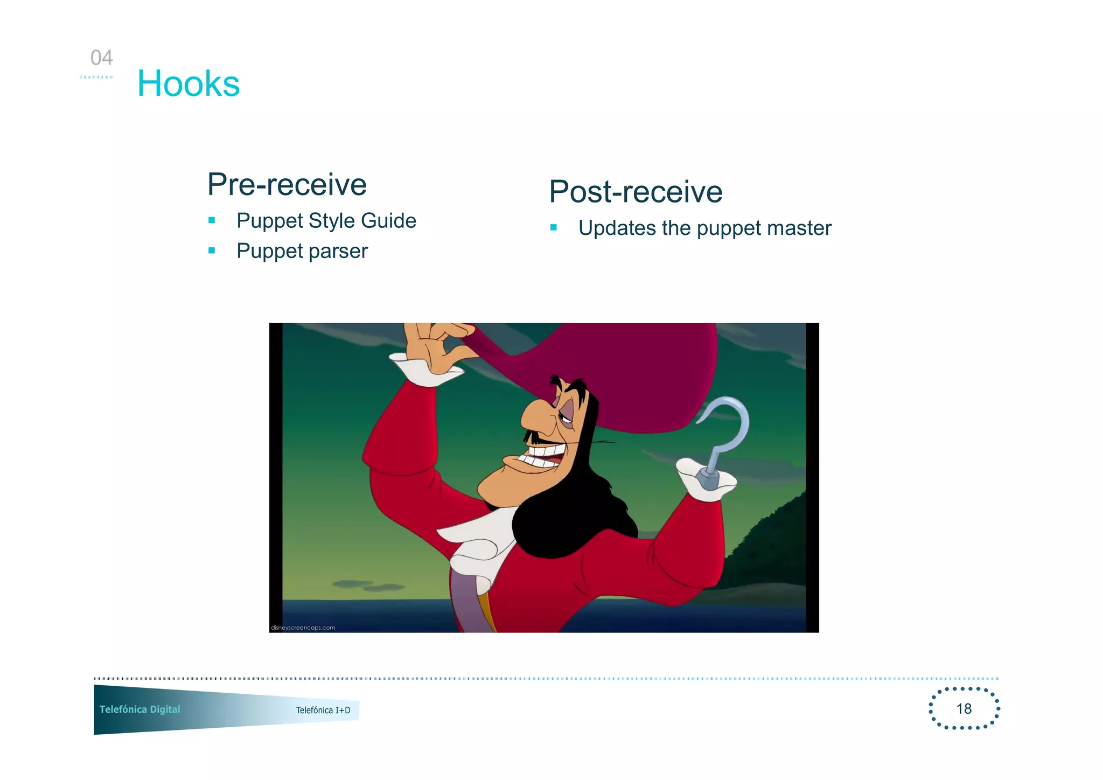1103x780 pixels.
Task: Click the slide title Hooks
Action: click(189, 84)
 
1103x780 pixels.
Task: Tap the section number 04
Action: click(101, 58)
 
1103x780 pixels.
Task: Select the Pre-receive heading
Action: click(287, 185)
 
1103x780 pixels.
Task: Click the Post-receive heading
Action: click(636, 192)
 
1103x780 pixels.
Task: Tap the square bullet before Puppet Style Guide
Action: click(212, 220)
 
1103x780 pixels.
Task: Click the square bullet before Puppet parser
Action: click(212, 250)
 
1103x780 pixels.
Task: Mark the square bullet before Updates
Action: click(554, 227)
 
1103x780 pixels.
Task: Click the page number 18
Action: click(964, 708)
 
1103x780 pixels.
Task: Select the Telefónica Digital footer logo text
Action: click(140, 709)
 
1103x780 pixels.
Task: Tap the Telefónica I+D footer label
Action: click(323, 710)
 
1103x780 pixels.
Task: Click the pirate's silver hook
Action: click(727, 431)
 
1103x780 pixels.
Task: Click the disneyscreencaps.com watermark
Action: click(303, 628)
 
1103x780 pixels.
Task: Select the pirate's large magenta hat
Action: click(619, 366)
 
